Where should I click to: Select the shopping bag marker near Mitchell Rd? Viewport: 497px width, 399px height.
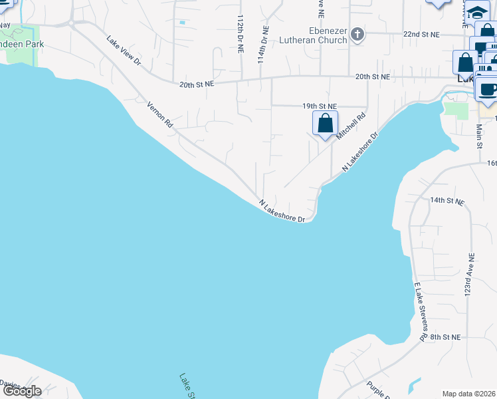point(325,124)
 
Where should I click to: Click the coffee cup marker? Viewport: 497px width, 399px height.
point(487,89)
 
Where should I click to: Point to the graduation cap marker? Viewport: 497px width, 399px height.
point(477,12)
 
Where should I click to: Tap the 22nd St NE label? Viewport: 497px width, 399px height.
point(422,34)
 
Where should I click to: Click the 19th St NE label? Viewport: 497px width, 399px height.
point(320,106)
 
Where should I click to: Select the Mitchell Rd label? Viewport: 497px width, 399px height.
point(351,126)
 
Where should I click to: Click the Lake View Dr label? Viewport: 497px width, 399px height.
point(124,50)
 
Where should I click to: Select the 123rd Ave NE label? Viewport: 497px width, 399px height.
point(471,274)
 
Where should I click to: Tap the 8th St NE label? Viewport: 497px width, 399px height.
point(445,337)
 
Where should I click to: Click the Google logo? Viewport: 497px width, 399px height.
point(22,391)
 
